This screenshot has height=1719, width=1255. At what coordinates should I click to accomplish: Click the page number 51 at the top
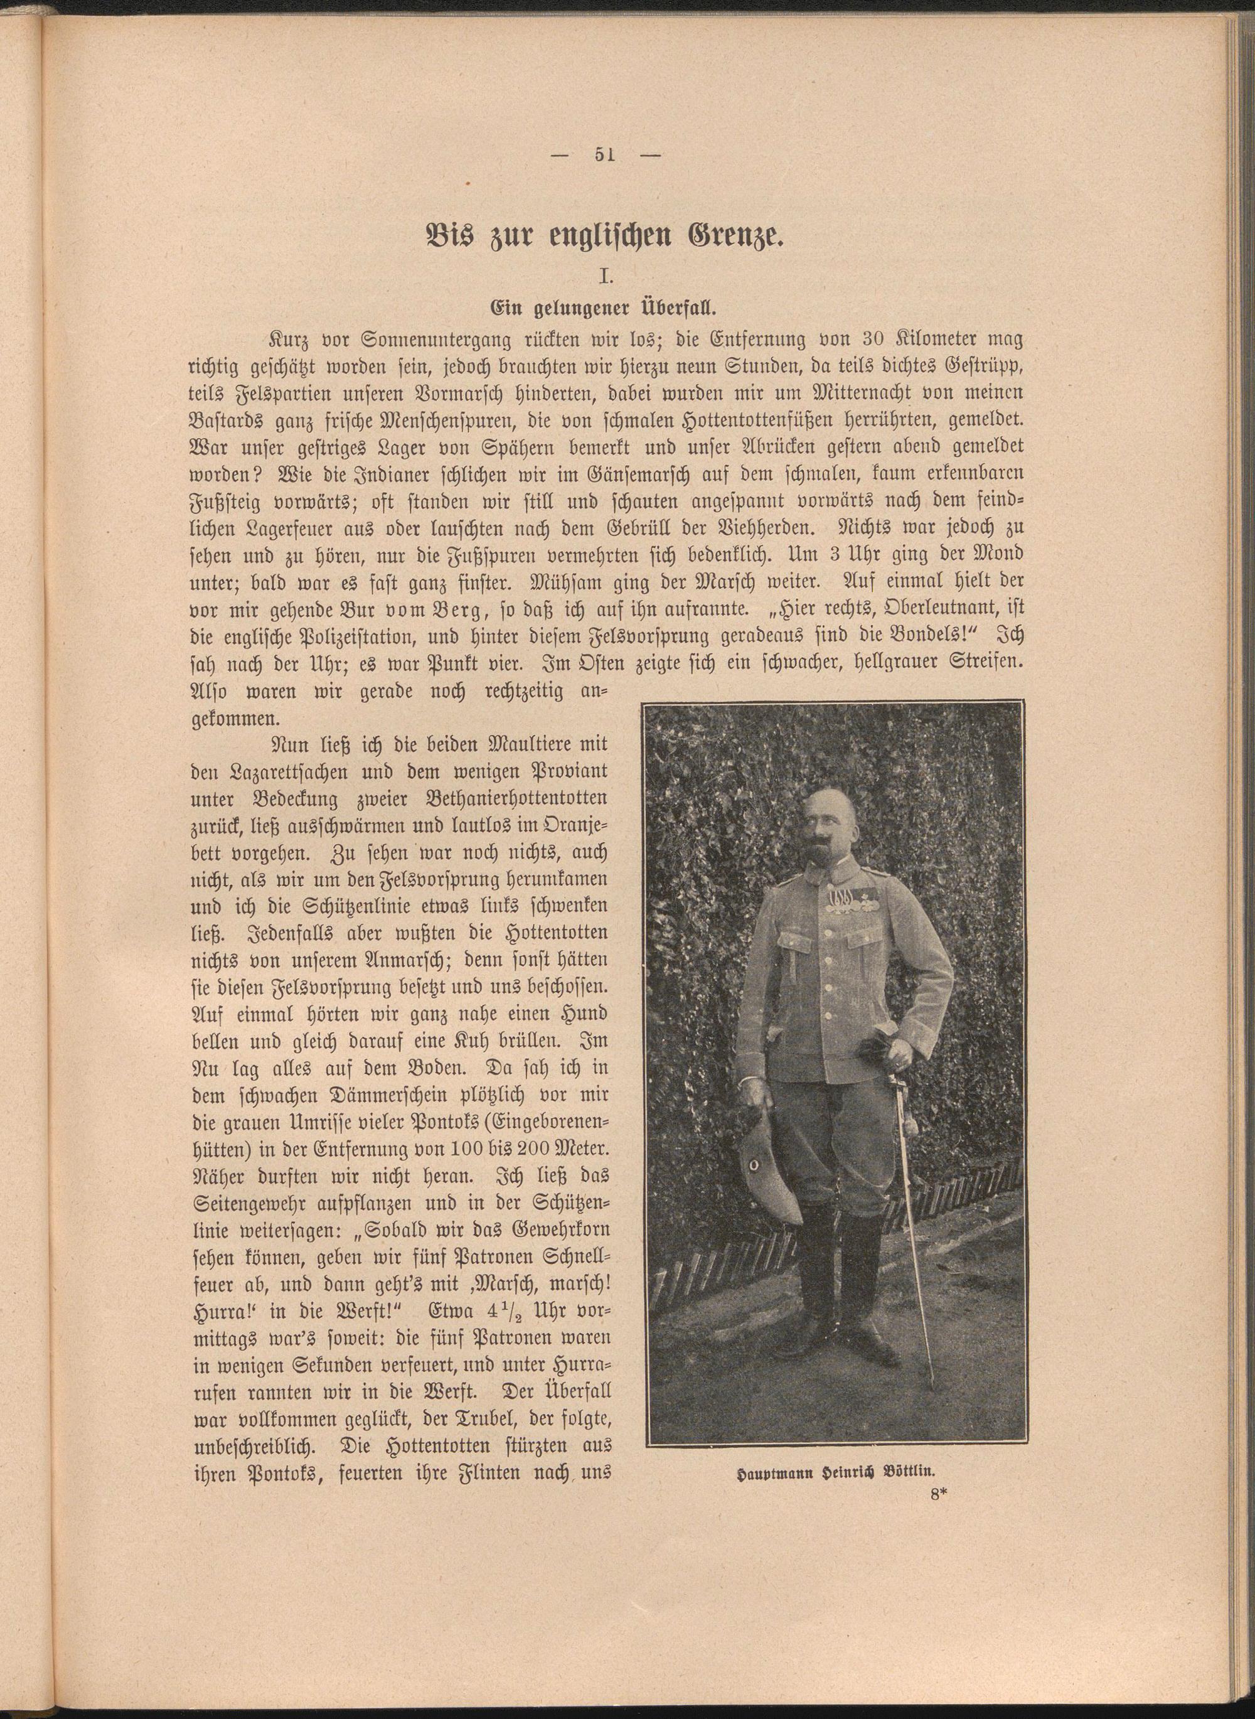coord(605,155)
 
